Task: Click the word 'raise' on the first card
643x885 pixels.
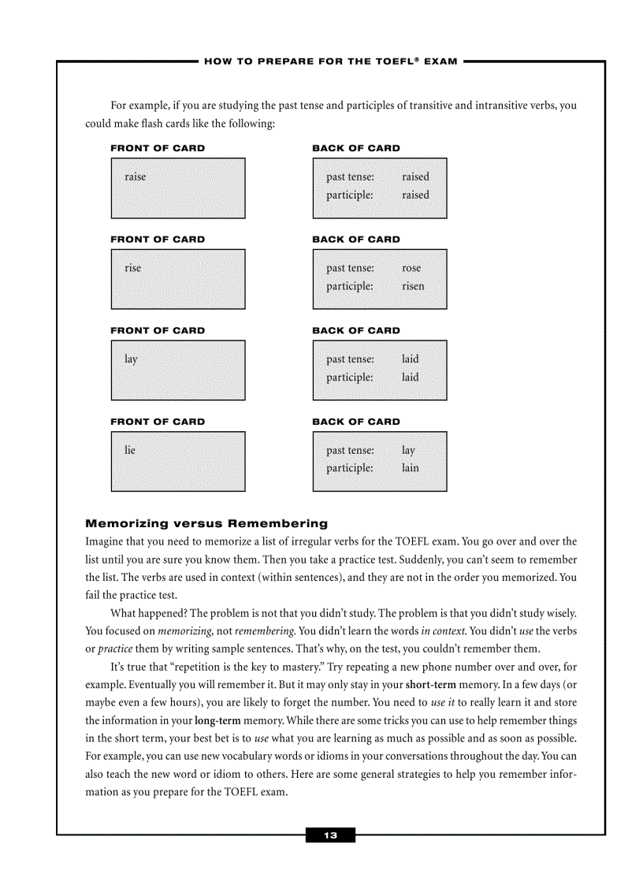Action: [x=135, y=177]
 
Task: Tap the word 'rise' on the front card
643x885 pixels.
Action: [x=132, y=268]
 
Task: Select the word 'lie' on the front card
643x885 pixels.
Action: [x=130, y=450]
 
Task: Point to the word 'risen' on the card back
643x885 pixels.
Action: [x=412, y=286]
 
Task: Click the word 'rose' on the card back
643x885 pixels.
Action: [x=411, y=268]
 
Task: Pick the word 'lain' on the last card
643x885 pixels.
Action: [x=411, y=468]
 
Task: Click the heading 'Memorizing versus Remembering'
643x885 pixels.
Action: [x=206, y=523]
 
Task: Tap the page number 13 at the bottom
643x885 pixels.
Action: [x=330, y=835]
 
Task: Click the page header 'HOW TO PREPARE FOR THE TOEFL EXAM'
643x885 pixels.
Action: [x=331, y=61]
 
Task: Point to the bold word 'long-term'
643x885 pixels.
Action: [x=218, y=720]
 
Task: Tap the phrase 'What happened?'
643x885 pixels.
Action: [x=148, y=613]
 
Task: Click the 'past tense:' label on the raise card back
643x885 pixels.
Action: [x=350, y=177]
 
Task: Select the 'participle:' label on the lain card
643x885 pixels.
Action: [x=350, y=468]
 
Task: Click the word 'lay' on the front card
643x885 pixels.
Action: [x=131, y=359]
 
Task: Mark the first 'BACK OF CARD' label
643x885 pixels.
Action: [x=356, y=148]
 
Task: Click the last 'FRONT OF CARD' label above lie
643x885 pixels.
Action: [x=158, y=422]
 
